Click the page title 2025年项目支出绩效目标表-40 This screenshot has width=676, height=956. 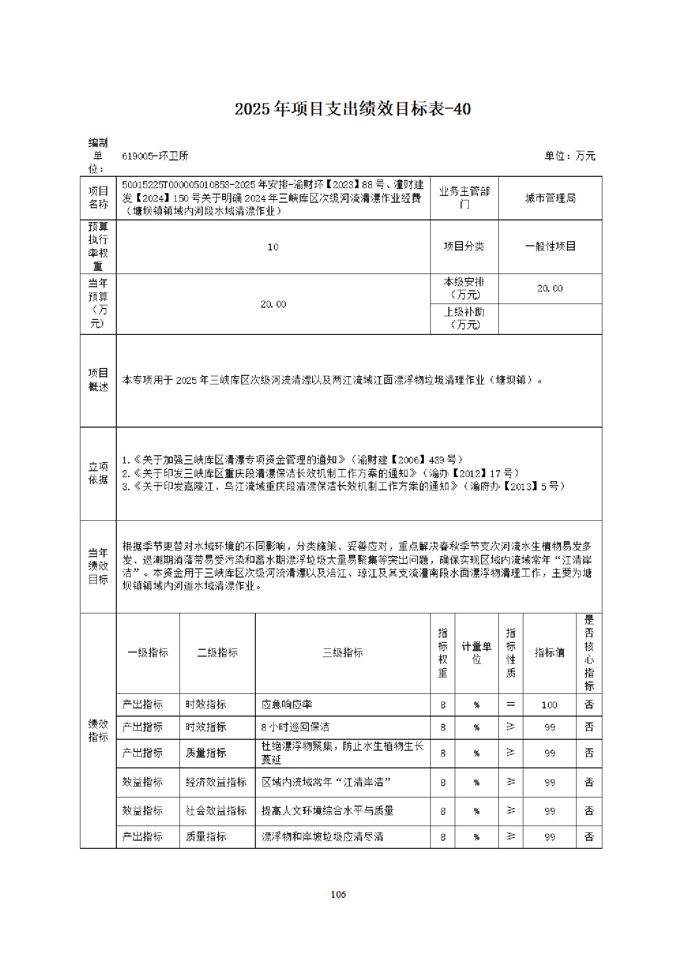click(353, 110)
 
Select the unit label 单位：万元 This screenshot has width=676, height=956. click(570, 156)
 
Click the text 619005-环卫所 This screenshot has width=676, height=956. click(155, 156)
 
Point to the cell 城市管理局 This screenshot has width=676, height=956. click(550, 199)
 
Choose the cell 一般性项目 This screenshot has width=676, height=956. click(550, 247)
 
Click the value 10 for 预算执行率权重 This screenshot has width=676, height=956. click(273, 247)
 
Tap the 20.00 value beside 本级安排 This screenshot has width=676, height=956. click(550, 289)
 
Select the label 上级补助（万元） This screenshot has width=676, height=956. click(464, 319)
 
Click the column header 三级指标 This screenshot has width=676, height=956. click(343, 653)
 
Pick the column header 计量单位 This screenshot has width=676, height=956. click(477, 653)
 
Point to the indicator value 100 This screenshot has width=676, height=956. click(549, 705)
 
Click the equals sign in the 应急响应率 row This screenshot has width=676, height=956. click(511, 704)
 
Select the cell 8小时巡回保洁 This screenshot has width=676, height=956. click(295, 727)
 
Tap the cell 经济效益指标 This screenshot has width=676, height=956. click(216, 782)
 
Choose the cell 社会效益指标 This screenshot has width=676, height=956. click(216, 811)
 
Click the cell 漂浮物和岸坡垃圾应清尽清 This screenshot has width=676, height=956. click(323, 836)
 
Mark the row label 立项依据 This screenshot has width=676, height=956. click(98, 473)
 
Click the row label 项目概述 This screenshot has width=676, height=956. click(98, 380)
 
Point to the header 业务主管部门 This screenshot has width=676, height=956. click(464, 198)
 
